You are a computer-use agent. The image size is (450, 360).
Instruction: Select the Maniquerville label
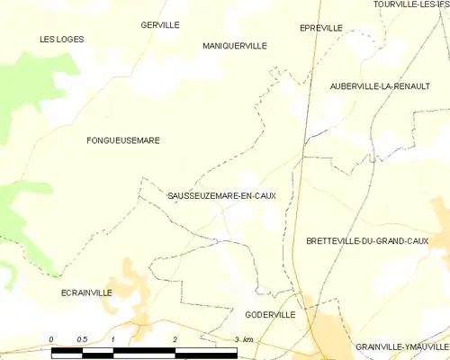(x=235, y=44)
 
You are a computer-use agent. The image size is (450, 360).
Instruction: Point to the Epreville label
(x=320, y=28)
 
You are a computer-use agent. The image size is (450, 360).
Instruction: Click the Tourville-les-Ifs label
(x=411, y=4)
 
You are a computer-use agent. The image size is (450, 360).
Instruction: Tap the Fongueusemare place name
(x=122, y=140)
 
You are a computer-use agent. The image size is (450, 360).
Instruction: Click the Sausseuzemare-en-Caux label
(x=221, y=195)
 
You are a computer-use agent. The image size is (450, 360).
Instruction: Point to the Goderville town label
(x=270, y=315)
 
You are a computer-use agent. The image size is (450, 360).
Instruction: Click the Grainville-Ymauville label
(x=401, y=346)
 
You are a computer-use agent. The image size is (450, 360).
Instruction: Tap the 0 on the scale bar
(x=51, y=338)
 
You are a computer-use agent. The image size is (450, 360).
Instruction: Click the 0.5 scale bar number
(x=81, y=338)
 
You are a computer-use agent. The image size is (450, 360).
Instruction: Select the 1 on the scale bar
(x=113, y=338)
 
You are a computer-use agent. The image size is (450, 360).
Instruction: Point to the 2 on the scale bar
(x=175, y=338)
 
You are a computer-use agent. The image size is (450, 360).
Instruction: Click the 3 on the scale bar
(x=236, y=338)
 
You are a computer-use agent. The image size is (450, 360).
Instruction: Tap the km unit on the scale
(x=248, y=338)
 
